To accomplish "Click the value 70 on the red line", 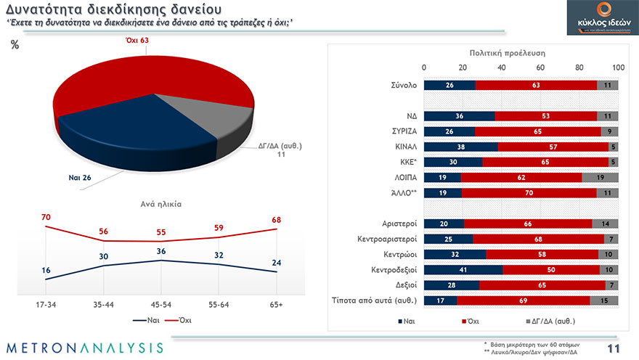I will [x=45, y=217].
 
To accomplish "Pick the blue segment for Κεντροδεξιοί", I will [x=463, y=269].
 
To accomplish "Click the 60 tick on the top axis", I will [x=540, y=67].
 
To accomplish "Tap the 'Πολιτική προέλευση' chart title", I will [x=507, y=53].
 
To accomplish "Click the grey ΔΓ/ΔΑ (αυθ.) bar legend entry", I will [x=549, y=319].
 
